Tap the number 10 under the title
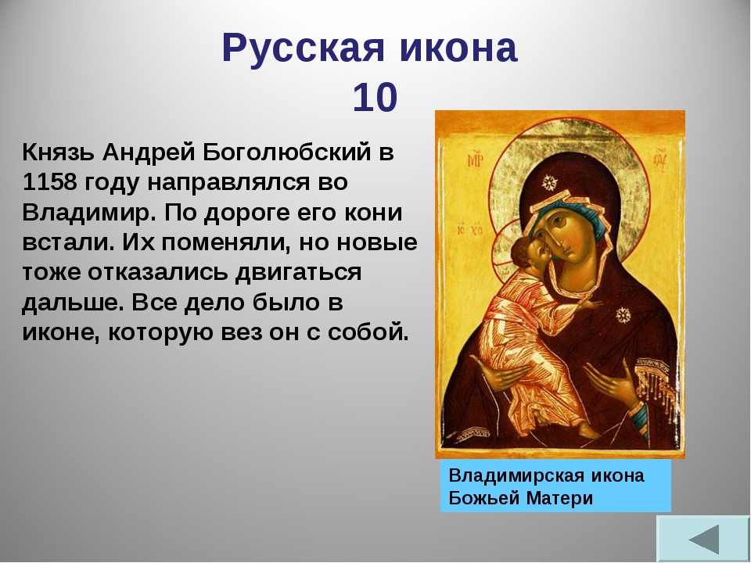[375, 98]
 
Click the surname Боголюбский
[287, 153]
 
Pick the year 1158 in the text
[49, 182]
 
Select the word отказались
[161, 272]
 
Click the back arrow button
[703, 539]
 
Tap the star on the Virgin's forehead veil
[550, 182]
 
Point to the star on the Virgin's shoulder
[622, 314]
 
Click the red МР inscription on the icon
[474, 160]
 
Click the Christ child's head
[528, 253]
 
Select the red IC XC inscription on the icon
[470, 229]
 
